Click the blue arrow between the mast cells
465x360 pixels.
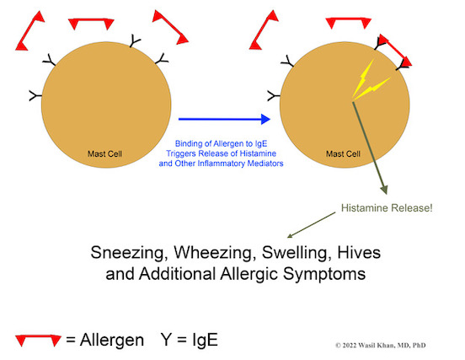(x=224, y=119)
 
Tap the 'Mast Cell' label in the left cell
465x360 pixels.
(x=104, y=153)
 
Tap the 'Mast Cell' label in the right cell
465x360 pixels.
(x=343, y=153)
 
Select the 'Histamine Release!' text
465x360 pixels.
(x=387, y=207)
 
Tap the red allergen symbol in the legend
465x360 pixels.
(x=38, y=340)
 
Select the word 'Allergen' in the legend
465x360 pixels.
(x=112, y=340)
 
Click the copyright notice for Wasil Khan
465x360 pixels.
(x=381, y=345)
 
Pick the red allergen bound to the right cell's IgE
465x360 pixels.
(x=395, y=50)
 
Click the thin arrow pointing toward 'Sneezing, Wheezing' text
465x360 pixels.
(x=312, y=225)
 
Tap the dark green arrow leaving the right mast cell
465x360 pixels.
(x=370, y=148)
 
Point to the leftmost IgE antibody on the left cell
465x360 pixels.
(x=35, y=95)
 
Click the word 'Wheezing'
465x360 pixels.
(x=215, y=253)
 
